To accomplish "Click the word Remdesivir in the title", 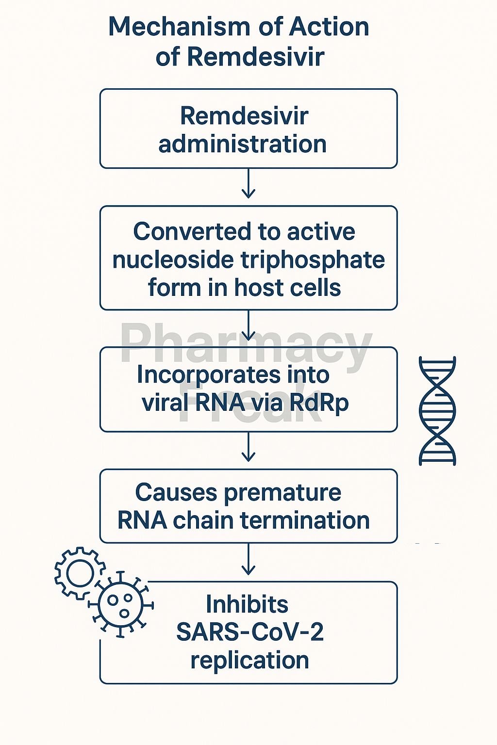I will tap(255, 57).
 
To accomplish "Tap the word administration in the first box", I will tap(242, 144).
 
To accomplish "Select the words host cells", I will tap(287, 288).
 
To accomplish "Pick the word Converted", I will tap(182, 232).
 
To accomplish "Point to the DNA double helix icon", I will tap(437, 411).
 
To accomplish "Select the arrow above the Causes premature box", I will tap(248, 449).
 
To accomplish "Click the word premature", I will tap(282, 492).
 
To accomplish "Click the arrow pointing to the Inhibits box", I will tap(248, 562).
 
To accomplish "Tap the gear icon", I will tap(79, 573).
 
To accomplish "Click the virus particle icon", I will tap(120, 604).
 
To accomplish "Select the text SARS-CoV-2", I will tap(249, 632).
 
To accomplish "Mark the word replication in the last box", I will tap(249, 660).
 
